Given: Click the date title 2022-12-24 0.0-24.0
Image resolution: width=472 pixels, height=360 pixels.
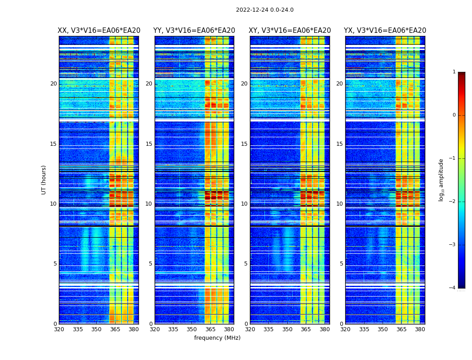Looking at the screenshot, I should click(x=264, y=10).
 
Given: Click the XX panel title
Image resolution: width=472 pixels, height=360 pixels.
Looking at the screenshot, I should click(x=99, y=31).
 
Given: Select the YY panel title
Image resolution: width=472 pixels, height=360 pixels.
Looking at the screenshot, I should click(x=194, y=31).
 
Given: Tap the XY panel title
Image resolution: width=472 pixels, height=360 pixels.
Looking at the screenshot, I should click(x=290, y=31).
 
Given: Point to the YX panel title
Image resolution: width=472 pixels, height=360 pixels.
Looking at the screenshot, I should click(x=385, y=31).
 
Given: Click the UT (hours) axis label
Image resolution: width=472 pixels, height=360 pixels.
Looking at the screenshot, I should click(x=44, y=180).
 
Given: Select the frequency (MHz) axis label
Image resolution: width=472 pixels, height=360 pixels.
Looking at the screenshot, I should click(x=217, y=338).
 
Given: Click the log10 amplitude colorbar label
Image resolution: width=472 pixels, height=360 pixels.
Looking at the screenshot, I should click(x=441, y=180).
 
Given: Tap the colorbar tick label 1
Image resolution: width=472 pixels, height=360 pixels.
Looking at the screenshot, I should click(x=454, y=72).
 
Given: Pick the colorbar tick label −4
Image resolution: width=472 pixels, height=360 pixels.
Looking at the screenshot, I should click(x=453, y=288).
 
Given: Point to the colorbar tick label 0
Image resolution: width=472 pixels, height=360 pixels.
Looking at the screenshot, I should click(x=454, y=115).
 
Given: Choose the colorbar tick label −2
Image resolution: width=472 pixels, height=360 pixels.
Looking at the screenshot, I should click(x=453, y=202).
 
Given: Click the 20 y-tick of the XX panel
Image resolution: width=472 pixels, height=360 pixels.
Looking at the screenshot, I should click(x=53, y=84).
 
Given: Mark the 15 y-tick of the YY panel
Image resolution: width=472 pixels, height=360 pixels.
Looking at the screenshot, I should click(x=149, y=144).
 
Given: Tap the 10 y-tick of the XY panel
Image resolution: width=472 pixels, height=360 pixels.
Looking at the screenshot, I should click(x=244, y=204).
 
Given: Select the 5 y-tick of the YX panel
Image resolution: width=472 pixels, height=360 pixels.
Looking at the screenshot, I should click(x=341, y=264).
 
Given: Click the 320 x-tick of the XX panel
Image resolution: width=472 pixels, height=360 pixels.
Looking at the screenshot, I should click(x=59, y=329).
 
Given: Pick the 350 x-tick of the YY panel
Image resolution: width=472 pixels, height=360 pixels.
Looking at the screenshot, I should click(x=192, y=329).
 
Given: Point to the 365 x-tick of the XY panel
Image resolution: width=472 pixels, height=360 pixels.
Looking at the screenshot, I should click(x=306, y=329).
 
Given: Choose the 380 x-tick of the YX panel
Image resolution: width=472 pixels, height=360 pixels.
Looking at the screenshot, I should click(x=420, y=329).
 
